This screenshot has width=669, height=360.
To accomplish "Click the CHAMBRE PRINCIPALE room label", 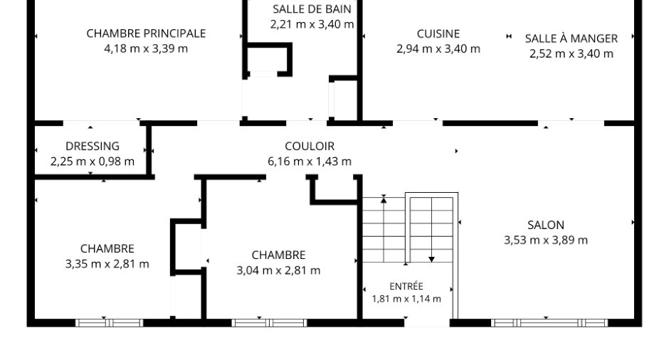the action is [146, 33].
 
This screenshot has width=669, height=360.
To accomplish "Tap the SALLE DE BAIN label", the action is [312, 9].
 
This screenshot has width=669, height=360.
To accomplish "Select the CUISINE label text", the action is [438, 33].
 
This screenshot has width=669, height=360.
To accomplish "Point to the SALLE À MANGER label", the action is [571, 38].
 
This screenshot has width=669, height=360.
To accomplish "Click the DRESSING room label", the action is [92, 146].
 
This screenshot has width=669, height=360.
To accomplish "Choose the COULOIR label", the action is [310, 146].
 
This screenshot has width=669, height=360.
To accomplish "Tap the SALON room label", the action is [546, 225].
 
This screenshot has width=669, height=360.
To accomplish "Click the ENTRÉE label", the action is [406, 286].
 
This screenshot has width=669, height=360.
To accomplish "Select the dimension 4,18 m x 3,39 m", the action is [146, 48].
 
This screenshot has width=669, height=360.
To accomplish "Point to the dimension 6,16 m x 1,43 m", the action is [310, 162].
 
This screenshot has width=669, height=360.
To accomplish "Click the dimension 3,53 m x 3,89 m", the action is [546, 240].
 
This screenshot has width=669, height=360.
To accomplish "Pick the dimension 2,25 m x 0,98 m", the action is [92, 162].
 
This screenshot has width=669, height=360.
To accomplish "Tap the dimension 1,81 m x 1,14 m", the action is [406, 299].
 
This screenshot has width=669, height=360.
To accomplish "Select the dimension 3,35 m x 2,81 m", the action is [107, 264].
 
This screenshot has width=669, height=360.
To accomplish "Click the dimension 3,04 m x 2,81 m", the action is [278, 270].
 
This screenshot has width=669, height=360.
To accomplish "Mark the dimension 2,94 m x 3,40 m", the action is [438, 49].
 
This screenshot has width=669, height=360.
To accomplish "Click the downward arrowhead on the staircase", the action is [431, 260].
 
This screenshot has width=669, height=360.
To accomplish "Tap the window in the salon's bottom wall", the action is [549, 323].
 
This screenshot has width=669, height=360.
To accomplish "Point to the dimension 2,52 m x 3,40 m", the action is [571, 54].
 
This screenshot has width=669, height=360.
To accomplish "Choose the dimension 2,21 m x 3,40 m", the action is [312, 24].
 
